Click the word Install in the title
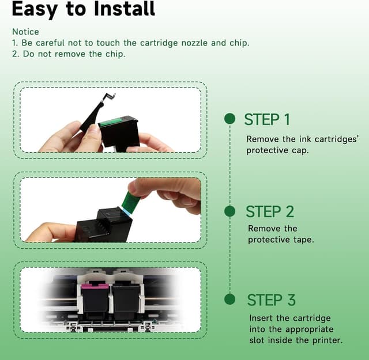pyautogui.click(x=125, y=9)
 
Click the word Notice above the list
pyautogui.click(x=25, y=32)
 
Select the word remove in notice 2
pyautogui.click(x=70, y=54)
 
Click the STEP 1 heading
pyautogui.click(x=267, y=119)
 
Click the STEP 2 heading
pyautogui.click(x=270, y=211)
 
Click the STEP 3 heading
pyautogui.click(x=271, y=300)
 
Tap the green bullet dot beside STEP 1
pyautogui.click(x=230, y=119)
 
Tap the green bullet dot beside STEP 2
pyautogui.click(x=230, y=211)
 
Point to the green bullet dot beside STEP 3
pyautogui.click(x=230, y=300)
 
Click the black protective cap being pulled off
pyautogui.click(x=94, y=115)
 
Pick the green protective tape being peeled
pyautogui.click(x=130, y=203)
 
